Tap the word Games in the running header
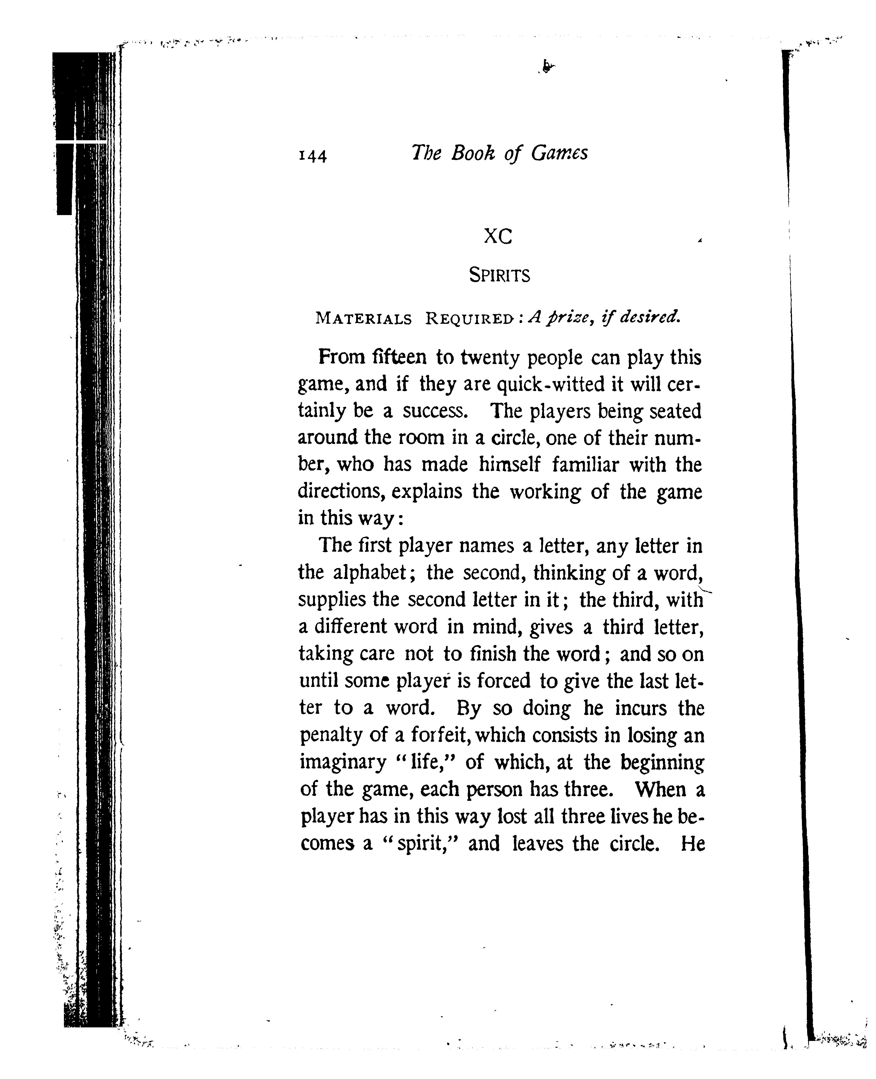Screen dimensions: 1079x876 pyautogui.click(x=559, y=153)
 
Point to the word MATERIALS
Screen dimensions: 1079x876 pyautogui.click(x=363, y=319)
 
